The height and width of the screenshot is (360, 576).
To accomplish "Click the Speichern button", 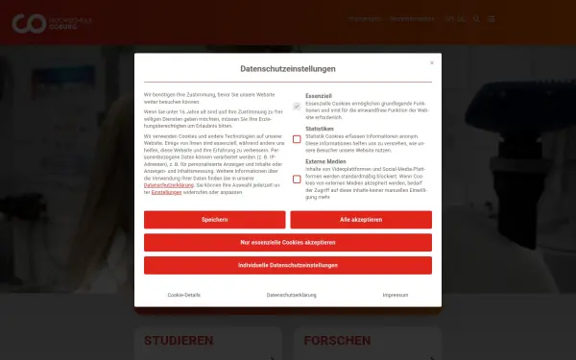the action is (x=214, y=220).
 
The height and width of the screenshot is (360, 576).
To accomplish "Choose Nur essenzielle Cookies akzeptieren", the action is (x=288, y=242).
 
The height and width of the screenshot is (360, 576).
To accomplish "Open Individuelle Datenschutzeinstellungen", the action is (x=288, y=265).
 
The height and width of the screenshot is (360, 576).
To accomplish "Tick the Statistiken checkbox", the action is (x=297, y=138).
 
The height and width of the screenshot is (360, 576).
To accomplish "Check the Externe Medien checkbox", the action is (x=297, y=179).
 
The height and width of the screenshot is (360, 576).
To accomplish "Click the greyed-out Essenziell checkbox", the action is (x=297, y=106).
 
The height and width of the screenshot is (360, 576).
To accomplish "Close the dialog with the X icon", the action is (x=431, y=63).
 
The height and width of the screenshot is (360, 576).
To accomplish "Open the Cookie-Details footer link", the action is (x=184, y=295).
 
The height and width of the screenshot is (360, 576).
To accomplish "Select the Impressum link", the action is (x=395, y=295).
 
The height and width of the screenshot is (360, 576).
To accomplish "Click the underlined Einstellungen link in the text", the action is (x=166, y=192).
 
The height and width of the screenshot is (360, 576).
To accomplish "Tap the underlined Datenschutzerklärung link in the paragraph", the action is (x=165, y=183).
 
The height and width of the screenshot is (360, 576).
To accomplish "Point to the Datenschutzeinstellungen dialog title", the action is (x=288, y=69).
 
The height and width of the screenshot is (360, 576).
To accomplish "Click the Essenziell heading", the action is (x=319, y=96).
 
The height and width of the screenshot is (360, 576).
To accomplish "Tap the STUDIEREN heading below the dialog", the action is (x=178, y=341).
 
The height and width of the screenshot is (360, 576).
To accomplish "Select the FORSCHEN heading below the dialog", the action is (x=337, y=341).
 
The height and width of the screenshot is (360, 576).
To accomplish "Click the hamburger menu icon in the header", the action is (x=491, y=18).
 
